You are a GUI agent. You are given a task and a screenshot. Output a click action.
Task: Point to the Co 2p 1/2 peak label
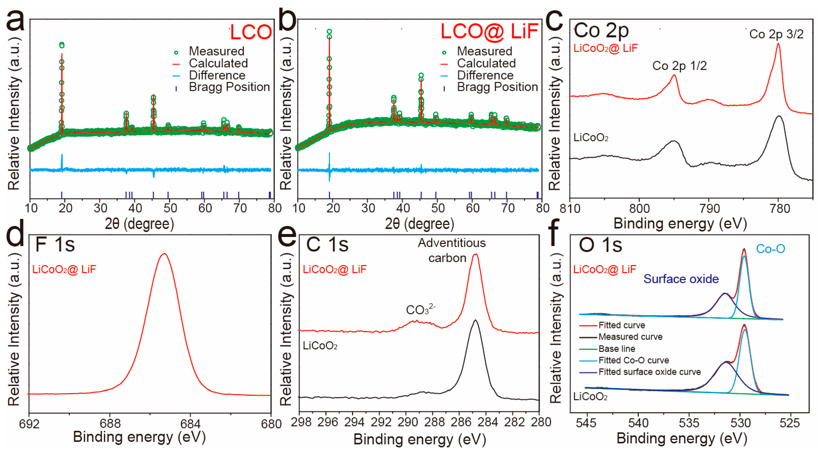click(x=679, y=66)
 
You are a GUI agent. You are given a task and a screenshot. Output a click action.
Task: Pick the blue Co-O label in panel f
click(x=770, y=249)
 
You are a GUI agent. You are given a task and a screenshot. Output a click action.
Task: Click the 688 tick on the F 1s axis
click(x=110, y=424)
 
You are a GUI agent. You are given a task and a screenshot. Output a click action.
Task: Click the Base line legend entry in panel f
click(x=617, y=349)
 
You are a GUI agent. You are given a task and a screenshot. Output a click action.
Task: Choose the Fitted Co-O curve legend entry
click(x=634, y=360)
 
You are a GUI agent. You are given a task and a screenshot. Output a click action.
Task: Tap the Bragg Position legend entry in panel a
click(x=229, y=87)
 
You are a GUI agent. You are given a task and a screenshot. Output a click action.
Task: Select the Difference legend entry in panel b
click(x=485, y=75)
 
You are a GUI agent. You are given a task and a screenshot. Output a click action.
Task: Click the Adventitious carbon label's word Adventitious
click(x=452, y=243)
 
